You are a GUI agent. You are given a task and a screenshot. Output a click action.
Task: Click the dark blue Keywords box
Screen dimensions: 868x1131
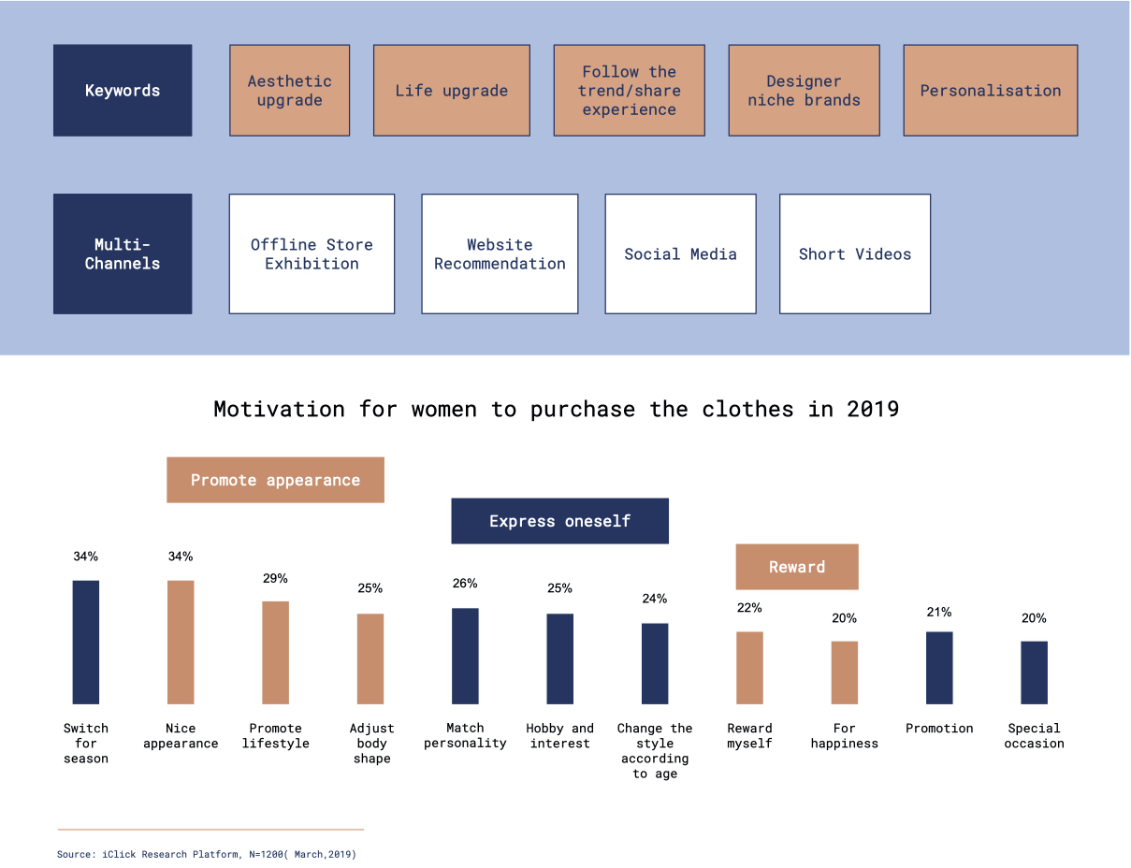click(x=123, y=91)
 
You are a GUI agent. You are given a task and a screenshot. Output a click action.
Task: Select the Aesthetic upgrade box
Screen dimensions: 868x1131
click(x=289, y=91)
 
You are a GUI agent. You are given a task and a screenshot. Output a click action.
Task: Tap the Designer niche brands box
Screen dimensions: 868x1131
click(x=804, y=91)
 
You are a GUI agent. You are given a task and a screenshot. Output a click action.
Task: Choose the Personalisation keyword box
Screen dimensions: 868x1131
click(x=990, y=91)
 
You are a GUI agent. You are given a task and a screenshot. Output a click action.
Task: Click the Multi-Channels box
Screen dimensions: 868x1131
click(x=123, y=253)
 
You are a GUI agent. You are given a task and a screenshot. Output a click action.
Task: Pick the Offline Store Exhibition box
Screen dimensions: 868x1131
click(x=312, y=253)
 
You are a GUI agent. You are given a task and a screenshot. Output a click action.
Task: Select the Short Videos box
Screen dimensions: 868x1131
click(x=854, y=253)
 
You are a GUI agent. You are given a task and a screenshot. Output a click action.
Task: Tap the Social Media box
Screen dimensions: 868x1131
click(x=680, y=253)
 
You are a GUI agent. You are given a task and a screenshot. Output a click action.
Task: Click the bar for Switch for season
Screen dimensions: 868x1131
click(x=86, y=642)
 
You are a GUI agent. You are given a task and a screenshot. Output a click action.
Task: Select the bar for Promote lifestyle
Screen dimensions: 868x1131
click(x=275, y=652)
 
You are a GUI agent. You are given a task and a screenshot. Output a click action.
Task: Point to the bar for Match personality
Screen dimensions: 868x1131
click(x=465, y=656)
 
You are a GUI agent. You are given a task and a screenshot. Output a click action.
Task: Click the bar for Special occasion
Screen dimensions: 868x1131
click(x=1034, y=672)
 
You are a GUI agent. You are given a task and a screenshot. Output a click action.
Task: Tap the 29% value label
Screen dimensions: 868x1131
click(x=275, y=579)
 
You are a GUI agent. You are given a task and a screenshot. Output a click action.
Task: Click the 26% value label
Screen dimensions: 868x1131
click(x=465, y=584)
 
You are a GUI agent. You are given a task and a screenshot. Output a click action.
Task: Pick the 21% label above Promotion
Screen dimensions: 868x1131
click(x=939, y=613)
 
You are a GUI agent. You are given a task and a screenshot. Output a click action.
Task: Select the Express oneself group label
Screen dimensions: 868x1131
click(x=559, y=521)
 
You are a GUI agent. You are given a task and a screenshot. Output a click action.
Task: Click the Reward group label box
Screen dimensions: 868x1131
click(x=797, y=567)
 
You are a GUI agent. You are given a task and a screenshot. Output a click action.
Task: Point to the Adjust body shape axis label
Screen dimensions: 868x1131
click(x=371, y=743)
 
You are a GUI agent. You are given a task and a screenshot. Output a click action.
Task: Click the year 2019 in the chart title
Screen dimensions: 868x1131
click(x=873, y=409)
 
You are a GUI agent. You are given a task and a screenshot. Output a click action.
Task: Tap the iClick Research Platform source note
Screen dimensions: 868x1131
click(x=207, y=854)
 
